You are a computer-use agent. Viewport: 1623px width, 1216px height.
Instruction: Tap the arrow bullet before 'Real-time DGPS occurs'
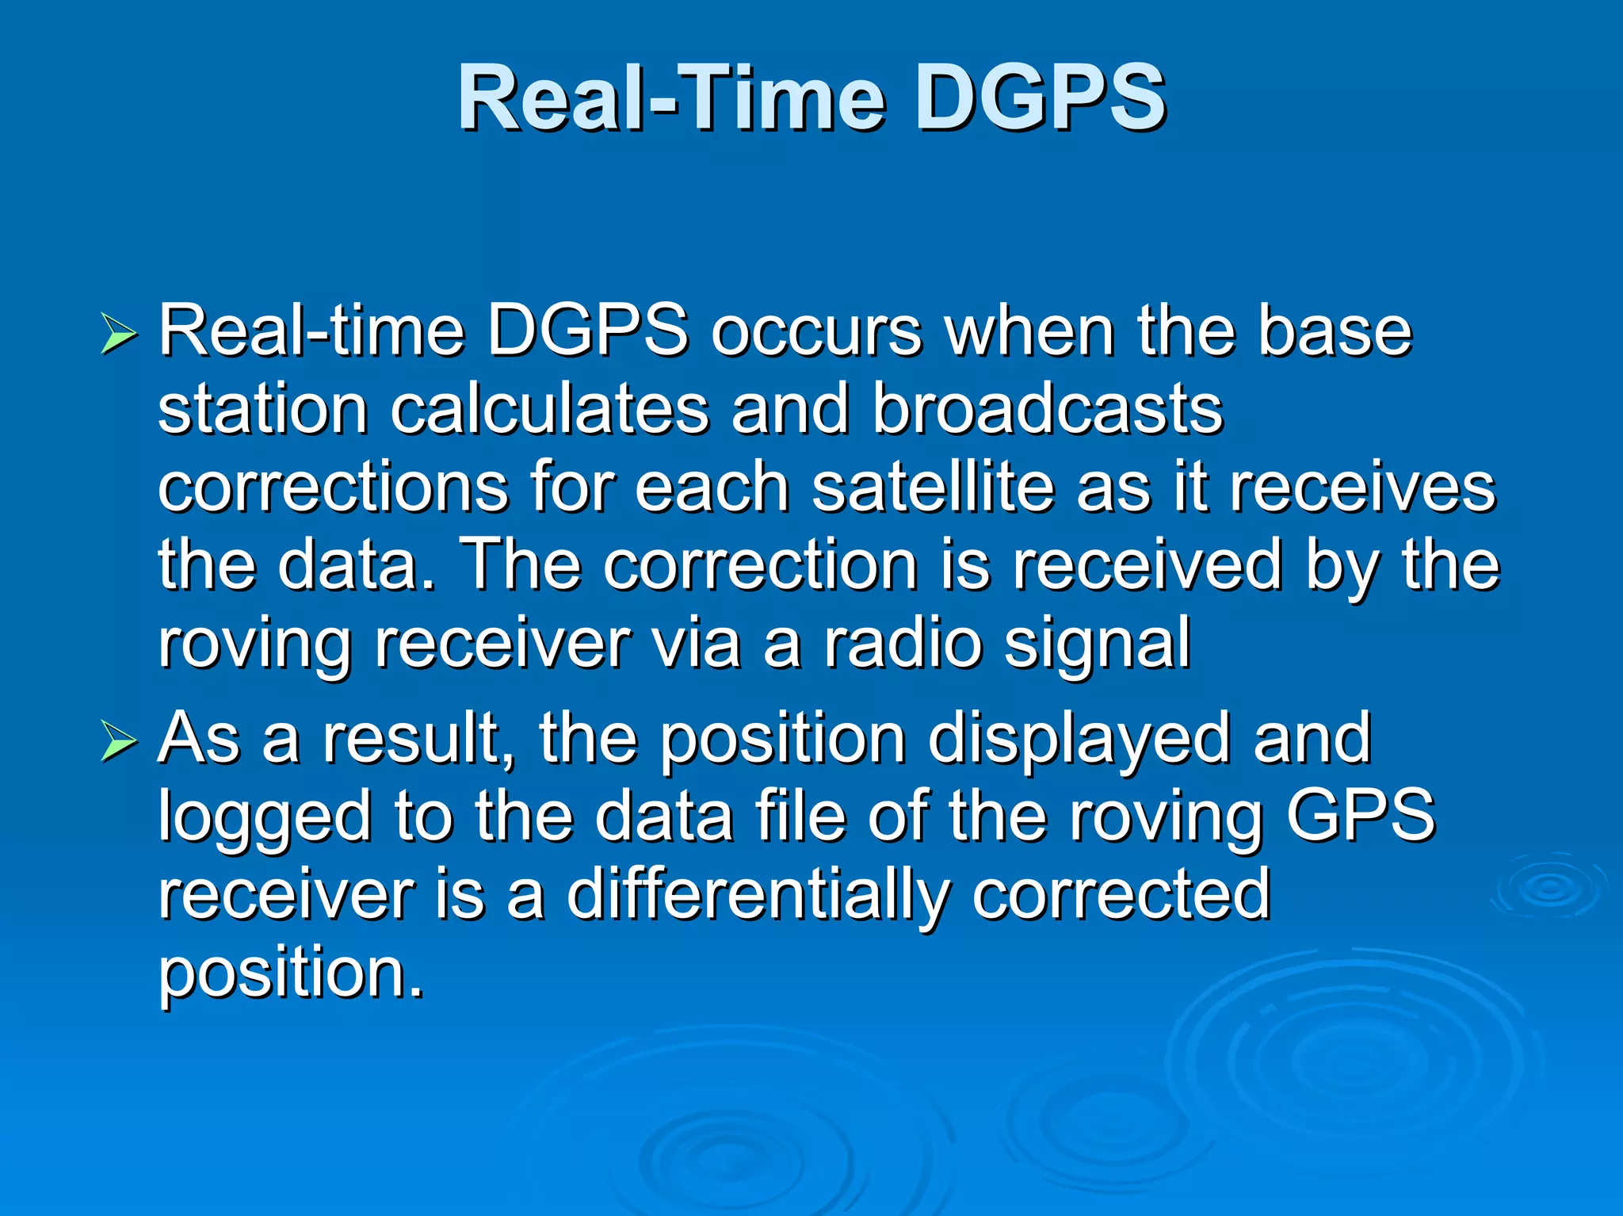coord(119,333)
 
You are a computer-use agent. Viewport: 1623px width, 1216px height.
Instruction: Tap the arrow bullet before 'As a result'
coord(119,742)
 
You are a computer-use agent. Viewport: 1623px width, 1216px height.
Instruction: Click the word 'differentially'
coord(757,896)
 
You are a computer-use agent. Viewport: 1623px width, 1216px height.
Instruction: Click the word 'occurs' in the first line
coord(816,333)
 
